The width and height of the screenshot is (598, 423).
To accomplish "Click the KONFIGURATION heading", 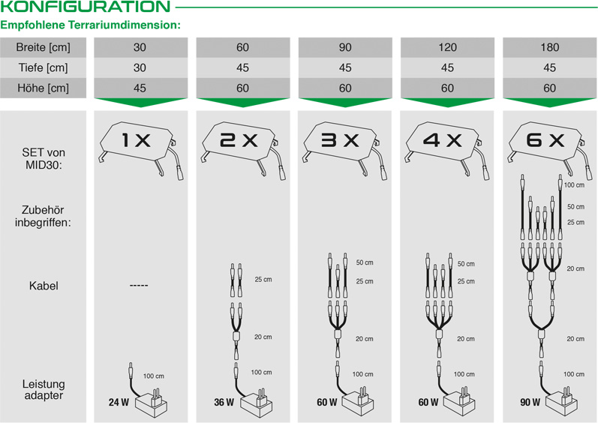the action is pyautogui.click(x=85, y=7).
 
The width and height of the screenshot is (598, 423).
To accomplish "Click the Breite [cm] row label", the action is pyautogui.click(x=43, y=47).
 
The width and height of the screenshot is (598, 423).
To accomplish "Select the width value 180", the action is pyautogui.click(x=549, y=47).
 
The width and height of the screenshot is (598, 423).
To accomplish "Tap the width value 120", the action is pyautogui.click(x=447, y=47).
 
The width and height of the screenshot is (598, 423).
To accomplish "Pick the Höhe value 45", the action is pyautogui.click(x=140, y=88).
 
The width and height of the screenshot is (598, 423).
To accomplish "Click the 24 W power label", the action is pyautogui.click(x=119, y=402).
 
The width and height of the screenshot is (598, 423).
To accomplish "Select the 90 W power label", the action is pyautogui.click(x=530, y=402).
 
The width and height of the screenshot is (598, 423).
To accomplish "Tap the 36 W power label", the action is pyautogui.click(x=224, y=402).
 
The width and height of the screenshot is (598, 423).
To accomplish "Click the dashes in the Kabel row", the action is pyautogui.click(x=139, y=286).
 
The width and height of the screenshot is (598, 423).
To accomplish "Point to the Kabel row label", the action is pyautogui.click(x=44, y=286).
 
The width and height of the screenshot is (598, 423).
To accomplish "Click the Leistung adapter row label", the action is pyautogui.click(x=44, y=389).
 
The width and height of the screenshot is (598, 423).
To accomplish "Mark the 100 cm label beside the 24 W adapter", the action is pyautogui.click(x=154, y=376).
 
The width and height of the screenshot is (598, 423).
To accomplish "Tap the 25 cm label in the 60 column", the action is pyautogui.click(x=263, y=279).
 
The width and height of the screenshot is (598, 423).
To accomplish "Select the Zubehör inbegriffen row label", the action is pyautogui.click(x=43, y=216).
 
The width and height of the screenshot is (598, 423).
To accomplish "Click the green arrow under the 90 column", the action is pyautogui.click(x=345, y=103).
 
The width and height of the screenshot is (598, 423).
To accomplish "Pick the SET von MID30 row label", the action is pyautogui.click(x=43, y=158).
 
